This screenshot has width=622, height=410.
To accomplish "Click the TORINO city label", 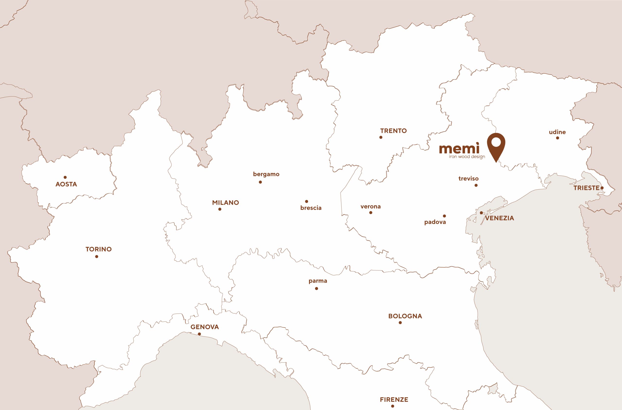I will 99,249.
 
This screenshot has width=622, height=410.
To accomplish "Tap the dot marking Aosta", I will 65,177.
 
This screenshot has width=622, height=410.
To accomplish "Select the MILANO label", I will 225,203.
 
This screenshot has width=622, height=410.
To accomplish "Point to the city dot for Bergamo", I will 260,182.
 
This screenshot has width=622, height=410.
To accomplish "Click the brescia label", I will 311,208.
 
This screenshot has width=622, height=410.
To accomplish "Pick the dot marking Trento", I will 381,137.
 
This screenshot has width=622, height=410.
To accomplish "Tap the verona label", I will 371,206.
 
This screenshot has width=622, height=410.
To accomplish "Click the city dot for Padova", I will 444,216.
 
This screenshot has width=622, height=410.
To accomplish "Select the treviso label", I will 468,178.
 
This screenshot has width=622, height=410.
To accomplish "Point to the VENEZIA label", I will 500,218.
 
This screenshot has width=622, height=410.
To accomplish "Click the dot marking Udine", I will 557,138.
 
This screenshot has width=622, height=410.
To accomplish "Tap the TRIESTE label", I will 586,188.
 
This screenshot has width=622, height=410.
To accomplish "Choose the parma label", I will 318,281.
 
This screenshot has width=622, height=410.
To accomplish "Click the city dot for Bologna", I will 400,323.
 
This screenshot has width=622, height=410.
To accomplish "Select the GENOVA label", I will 205,327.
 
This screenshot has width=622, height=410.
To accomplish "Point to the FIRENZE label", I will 394,400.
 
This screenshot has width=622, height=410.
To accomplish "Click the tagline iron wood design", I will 467,157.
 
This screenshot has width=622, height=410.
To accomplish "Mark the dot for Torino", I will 97,256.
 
